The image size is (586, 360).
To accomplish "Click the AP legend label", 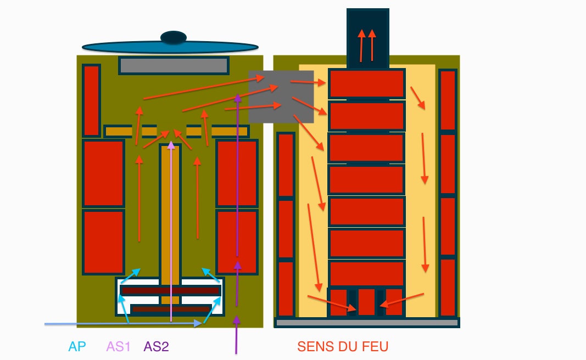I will tap(77, 347).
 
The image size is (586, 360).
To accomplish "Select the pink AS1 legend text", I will tap(119, 347).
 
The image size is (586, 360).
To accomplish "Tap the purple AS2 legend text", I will tap(156, 347).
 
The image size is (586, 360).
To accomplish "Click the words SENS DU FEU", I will tap(343, 347).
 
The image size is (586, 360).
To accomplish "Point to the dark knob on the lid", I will tap(174, 37).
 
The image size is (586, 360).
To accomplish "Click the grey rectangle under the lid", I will tap(174, 66).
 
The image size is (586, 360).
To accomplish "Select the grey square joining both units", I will tap(281, 97).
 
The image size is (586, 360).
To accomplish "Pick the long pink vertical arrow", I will tap(171, 230).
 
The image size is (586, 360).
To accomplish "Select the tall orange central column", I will tap(170, 220).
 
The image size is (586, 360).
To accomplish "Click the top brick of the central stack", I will tap(366, 84).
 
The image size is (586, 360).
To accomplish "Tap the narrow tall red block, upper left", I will tap(91, 100).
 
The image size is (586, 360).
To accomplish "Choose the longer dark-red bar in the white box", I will tap(170, 290).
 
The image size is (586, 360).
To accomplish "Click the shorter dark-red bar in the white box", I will tap(171, 310).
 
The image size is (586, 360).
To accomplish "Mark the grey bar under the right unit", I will tap(366, 323).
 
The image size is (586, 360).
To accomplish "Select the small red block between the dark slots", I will tap(366, 302).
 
